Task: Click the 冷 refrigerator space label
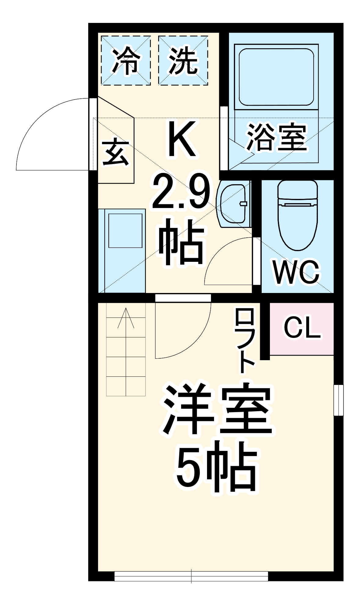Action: (126, 61)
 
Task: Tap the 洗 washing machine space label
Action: (183, 61)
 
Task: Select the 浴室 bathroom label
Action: (276, 137)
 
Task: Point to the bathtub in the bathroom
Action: (276, 77)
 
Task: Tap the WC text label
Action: (296, 272)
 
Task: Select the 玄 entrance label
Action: (116, 152)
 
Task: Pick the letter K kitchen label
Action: (181, 139)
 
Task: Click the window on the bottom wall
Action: (191, 576)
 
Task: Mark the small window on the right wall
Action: (338, 400)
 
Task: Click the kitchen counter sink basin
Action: (125, 230)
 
